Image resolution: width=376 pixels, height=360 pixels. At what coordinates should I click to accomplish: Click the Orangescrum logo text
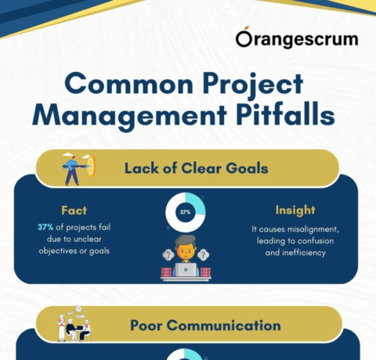point(297,39)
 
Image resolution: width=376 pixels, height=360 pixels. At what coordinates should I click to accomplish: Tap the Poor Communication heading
point(205,325)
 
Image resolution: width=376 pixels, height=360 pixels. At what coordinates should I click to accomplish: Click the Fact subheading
point(73,211)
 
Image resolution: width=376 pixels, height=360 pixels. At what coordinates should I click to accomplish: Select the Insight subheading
point(294,211)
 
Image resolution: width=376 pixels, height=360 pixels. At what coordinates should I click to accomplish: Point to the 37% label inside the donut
point(186,212)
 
